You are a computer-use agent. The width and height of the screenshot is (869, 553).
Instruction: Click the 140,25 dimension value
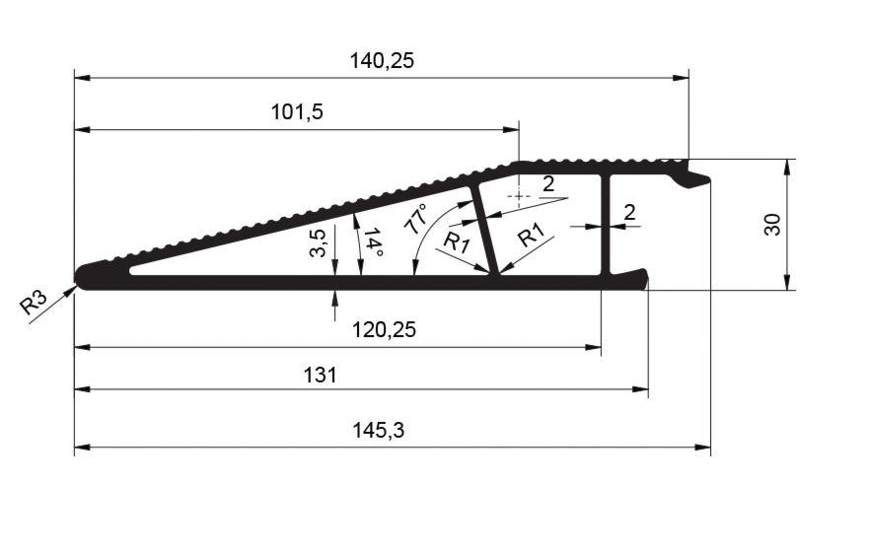382,60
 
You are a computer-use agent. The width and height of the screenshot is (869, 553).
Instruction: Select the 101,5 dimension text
297,112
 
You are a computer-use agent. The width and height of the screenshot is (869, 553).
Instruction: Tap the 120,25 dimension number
384,330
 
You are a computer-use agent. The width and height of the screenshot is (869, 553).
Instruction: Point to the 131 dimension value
320,376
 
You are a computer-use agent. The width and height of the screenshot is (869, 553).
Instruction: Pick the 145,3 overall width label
379,430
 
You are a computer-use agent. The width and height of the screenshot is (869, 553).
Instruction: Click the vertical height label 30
772,225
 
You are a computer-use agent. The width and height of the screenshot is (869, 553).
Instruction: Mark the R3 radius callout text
34,304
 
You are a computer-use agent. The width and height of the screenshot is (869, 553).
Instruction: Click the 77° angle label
416,218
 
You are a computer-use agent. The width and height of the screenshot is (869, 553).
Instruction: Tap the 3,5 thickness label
318,242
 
